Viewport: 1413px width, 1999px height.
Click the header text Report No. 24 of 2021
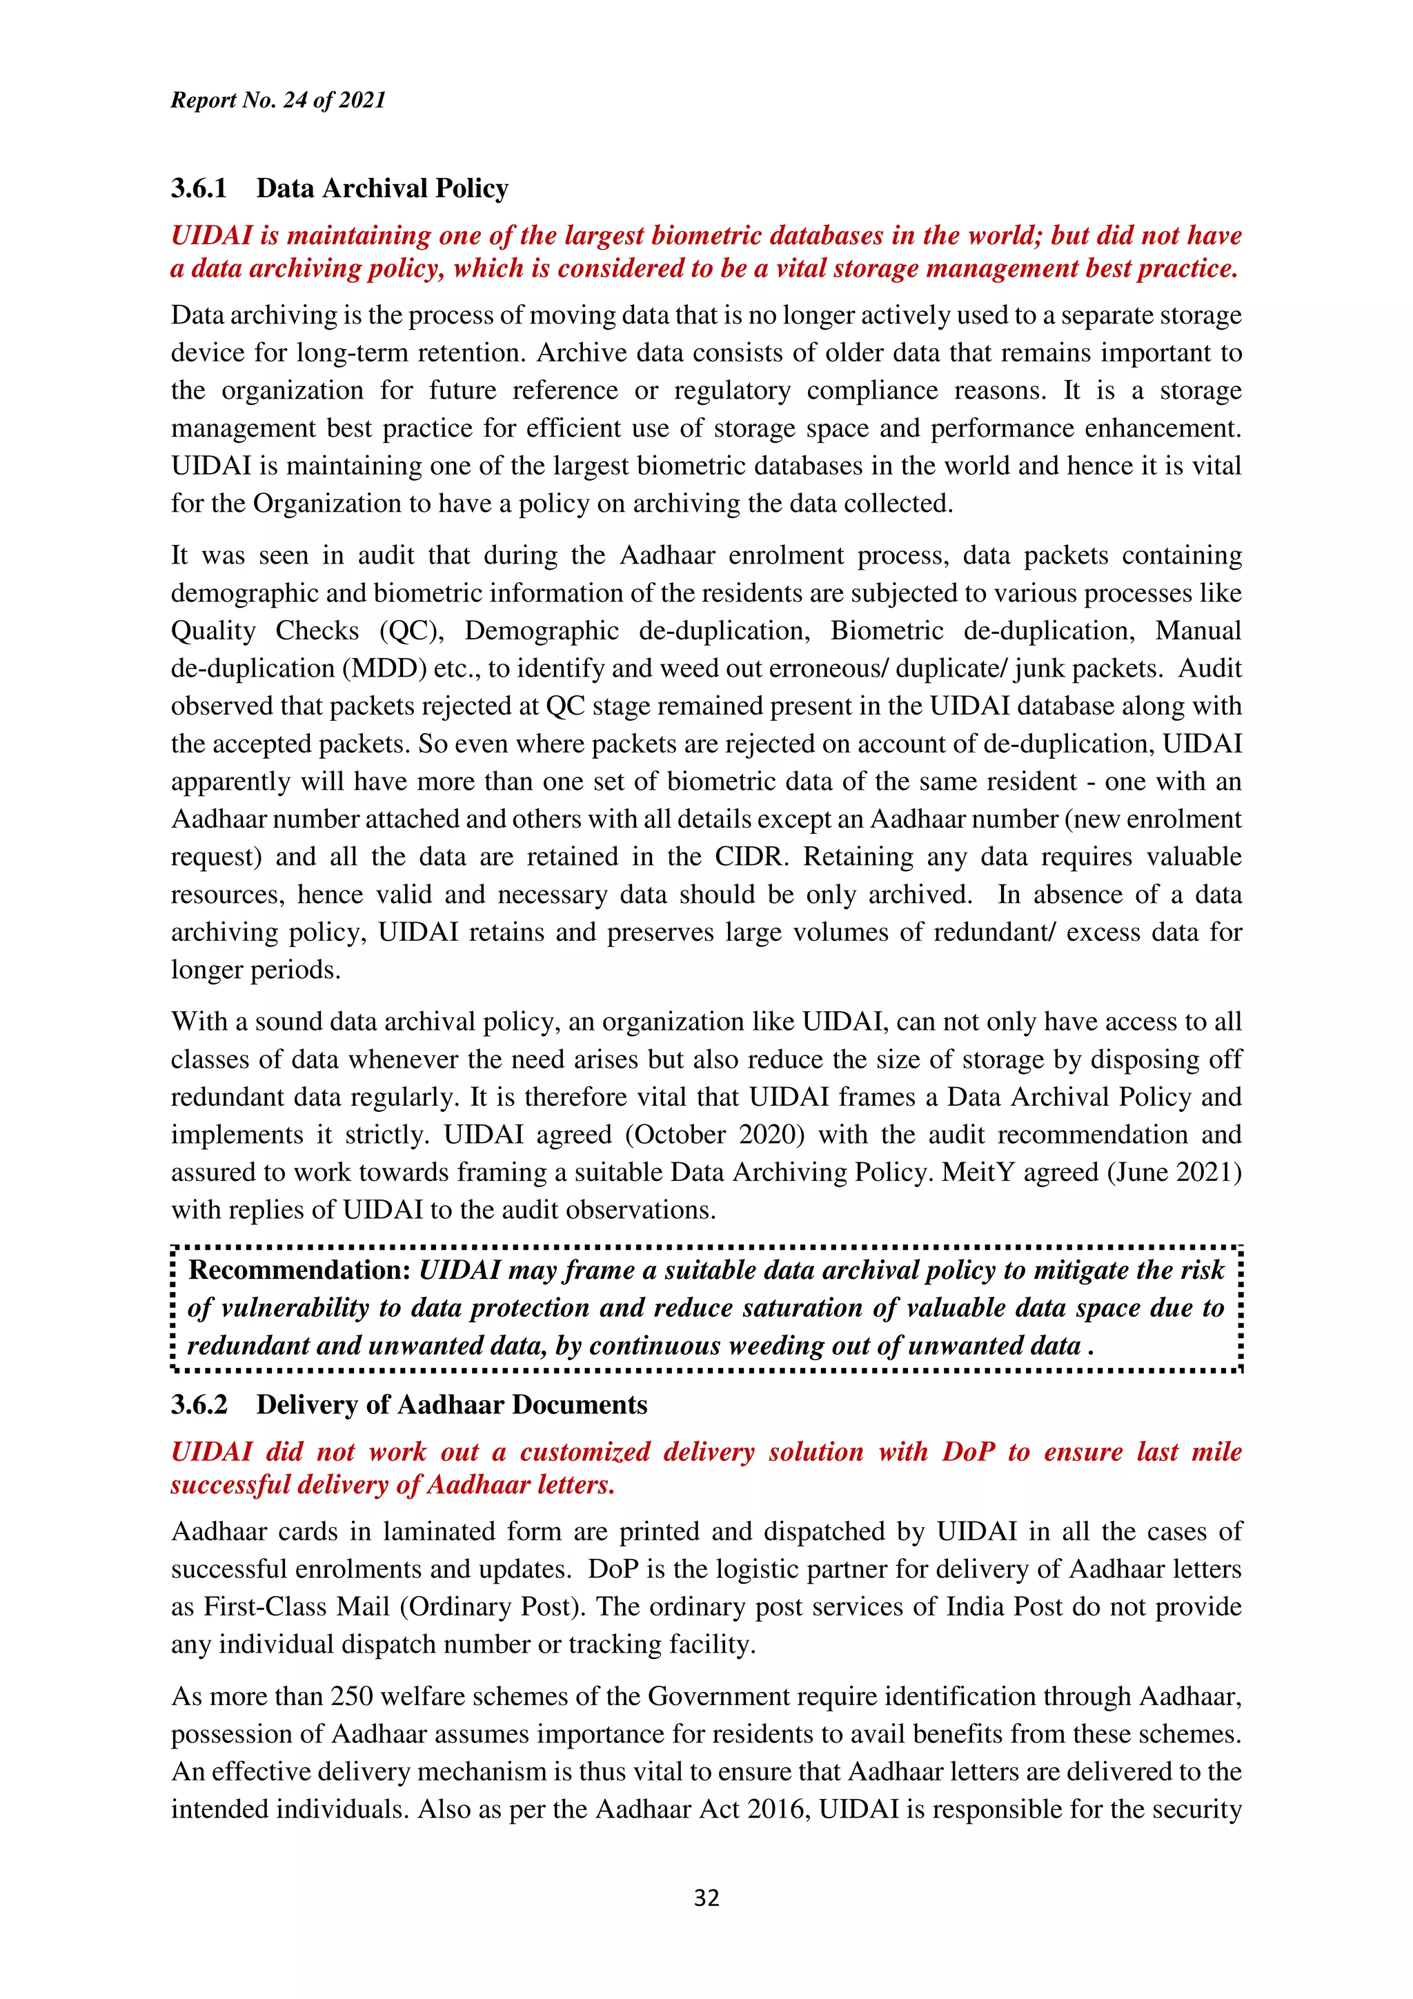(278, 100)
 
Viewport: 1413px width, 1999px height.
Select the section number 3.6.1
(199, 188)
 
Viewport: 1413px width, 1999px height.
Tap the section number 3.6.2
(199, 1404)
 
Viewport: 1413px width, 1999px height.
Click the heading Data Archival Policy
(382, 188)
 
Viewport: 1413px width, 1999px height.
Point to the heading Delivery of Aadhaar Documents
(452, 1404)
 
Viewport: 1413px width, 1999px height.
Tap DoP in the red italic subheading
(968, 1451)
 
